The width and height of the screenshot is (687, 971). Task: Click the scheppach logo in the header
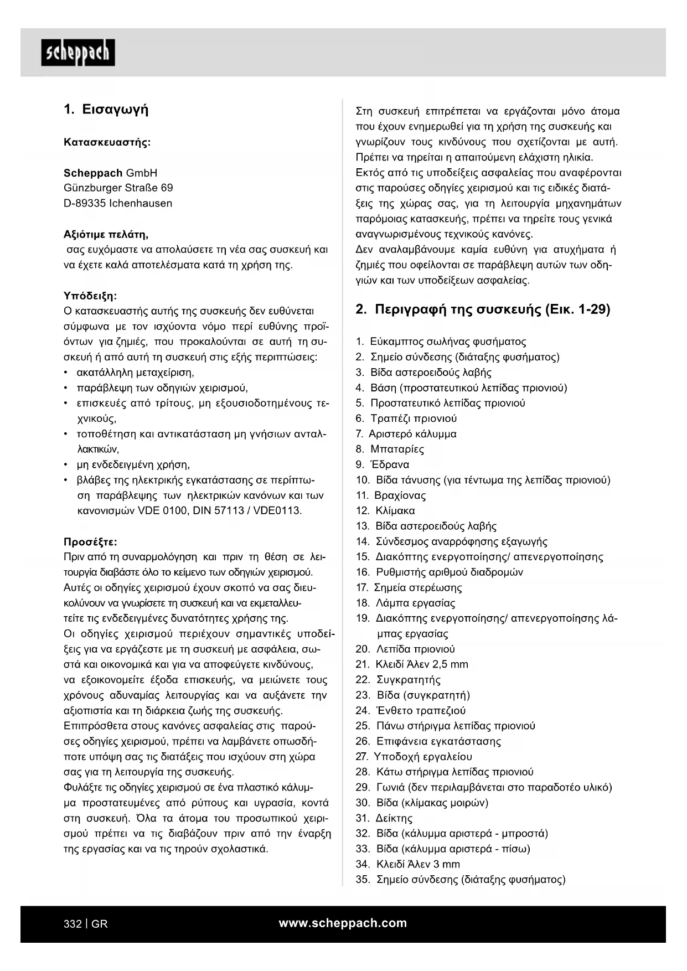[78, 53]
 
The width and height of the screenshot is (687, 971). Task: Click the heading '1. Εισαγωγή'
[106, 109]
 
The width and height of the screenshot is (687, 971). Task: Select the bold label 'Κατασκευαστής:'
[107, 142]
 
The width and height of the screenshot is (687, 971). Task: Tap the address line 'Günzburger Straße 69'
[118, 188]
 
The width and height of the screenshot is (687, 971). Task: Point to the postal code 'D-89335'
[85, 203]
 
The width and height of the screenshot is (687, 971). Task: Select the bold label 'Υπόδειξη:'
[90, 296]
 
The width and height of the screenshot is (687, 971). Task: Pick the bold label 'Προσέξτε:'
[90, 541]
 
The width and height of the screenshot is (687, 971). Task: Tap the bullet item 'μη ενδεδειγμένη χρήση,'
[133, 464]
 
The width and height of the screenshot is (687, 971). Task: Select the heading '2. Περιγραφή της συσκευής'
[482, 309]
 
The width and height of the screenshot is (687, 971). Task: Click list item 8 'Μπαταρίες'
[397, 449]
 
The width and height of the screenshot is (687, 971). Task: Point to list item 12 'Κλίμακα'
[395, 510]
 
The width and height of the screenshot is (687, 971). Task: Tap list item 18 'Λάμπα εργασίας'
[415, 603]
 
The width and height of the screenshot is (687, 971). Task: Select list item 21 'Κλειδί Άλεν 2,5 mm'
[421, 664]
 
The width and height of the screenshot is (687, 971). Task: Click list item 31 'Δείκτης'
[394, 818]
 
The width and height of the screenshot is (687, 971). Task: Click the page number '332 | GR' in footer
[86, 924]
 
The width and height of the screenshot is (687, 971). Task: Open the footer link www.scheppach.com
[343, 923]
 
